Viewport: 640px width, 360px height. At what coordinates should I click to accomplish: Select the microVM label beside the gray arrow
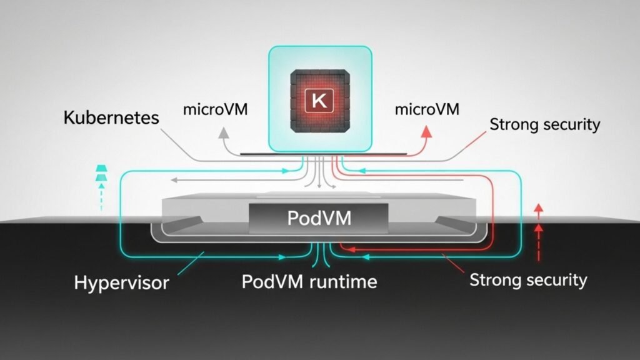[x=216, y=109]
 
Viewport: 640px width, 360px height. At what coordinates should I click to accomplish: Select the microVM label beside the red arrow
[x=427, y=110]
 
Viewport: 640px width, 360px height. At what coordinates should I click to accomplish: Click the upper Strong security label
[x=544, y=124]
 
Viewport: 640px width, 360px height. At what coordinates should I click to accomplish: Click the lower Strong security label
[x=528, y=279]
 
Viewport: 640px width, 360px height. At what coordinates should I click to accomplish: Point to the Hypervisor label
[x=121, y=282]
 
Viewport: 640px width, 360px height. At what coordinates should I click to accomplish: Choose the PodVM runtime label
[x=309, y=281]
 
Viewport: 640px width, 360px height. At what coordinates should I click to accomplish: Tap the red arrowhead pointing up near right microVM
[x=427, y=131]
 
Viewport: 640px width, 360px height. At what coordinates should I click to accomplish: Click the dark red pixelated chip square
[x=319, y=101]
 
